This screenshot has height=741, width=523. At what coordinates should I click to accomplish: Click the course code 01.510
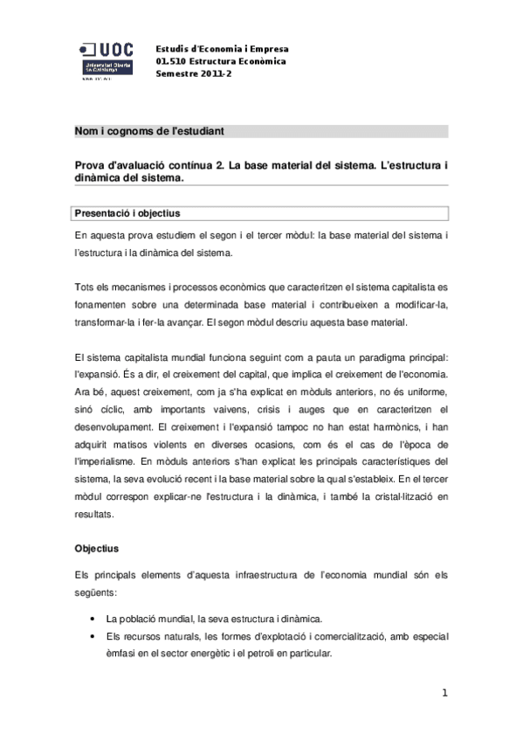point(172,61)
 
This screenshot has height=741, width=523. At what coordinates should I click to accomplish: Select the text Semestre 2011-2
point(194,73)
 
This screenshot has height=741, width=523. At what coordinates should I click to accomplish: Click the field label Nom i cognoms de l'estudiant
point(149,131)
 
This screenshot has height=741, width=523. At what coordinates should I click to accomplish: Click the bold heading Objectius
point(101,549)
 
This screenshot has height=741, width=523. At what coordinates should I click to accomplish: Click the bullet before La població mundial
point(93,618)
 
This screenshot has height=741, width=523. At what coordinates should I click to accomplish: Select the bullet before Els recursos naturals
point(93,637)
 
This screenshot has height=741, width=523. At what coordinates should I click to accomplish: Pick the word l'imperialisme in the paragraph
point(107,460)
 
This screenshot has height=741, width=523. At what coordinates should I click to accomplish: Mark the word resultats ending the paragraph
point(95,514)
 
